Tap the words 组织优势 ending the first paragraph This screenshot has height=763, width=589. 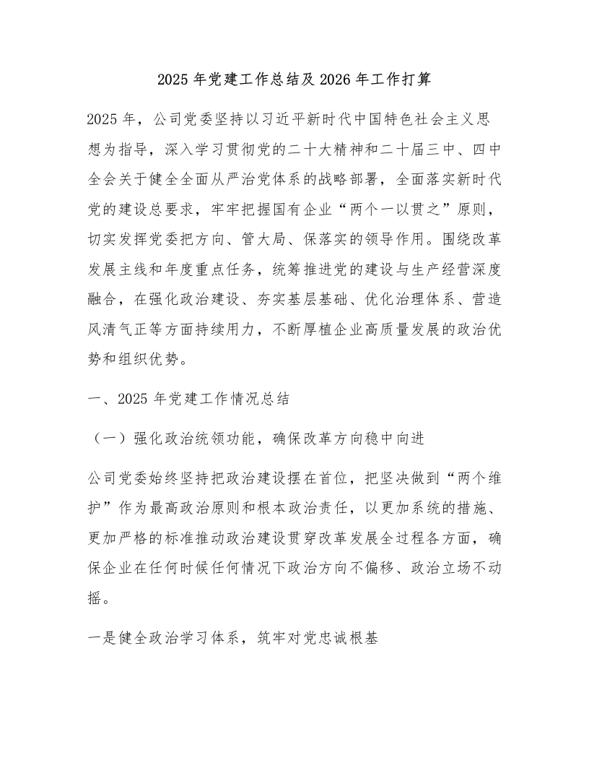pyautogui.click(x=157, y=366)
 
